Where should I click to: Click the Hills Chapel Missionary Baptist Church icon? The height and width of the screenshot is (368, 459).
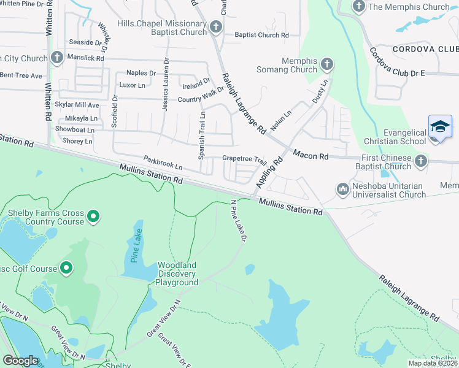pyautogui.click(x=215, y=26)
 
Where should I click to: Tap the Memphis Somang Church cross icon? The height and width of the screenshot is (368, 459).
pyautogui.click(x=327, y=64)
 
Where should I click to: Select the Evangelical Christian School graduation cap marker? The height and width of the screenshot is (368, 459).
pyautogui.click(x=440, y=128)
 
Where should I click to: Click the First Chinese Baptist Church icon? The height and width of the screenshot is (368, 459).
pyautogui.click(x=420, y=161)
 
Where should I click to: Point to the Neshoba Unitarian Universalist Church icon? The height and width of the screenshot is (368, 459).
pyautogui.click(x=342, y=189)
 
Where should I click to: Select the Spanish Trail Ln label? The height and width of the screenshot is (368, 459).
pyautogui.click(x=201, y=136)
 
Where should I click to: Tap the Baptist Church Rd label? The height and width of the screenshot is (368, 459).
pyautogui.click(x=261, y=35)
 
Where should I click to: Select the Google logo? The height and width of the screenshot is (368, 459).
pyautogui.click(x=20, y=361)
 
